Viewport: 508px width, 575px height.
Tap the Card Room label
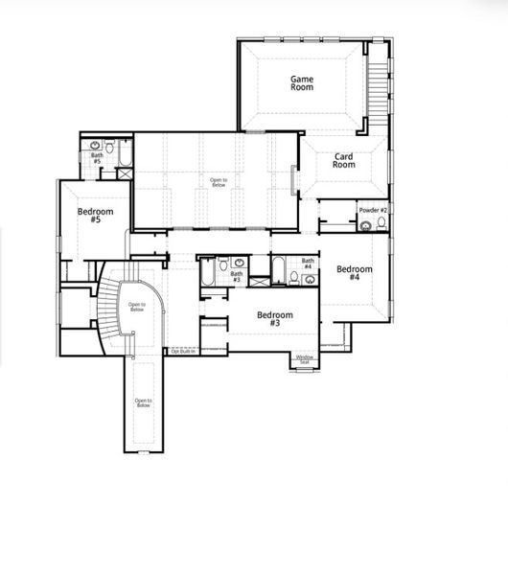coord(344,160)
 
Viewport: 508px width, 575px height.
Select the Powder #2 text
coord(373,210)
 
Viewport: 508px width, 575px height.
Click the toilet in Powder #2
coord(381,224)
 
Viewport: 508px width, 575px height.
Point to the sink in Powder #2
coord(365,227)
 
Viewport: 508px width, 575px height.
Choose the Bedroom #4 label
coord(348,273)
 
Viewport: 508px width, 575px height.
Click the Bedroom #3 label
coord(274,319)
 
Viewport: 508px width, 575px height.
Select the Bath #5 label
coord(97,158)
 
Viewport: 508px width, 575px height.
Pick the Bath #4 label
coord(308,264)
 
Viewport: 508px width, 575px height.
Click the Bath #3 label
coord(236,277)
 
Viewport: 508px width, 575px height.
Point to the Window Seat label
coord(304,360)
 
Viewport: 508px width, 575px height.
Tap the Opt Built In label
coord(182,352)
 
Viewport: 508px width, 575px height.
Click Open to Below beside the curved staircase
coord(136,308)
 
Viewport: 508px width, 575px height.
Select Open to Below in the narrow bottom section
coord(143,402)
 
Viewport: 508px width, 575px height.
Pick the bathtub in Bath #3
coord(207,272)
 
